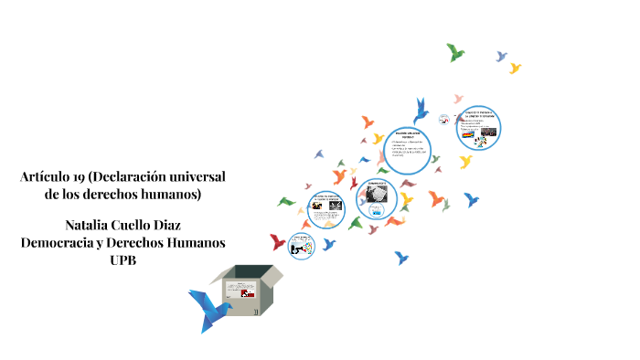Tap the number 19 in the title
[x=82, y=175]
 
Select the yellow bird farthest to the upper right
[x=515, y=68]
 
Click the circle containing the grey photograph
[x=378, y=196]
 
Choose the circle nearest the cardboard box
[x=301, y=245]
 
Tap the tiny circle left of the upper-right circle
[x=443, y=119]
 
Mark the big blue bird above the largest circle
[x=421, y=111]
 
